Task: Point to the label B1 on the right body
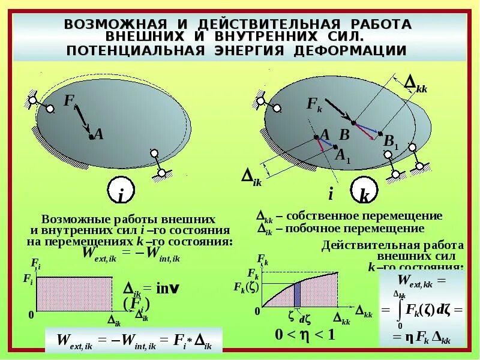[391, 143]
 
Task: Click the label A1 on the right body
[343, 155]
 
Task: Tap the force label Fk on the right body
[314, 104]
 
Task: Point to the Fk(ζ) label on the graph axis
[245, 287]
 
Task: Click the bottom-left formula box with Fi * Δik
[134, 340]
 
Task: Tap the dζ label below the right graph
[304, 319]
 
